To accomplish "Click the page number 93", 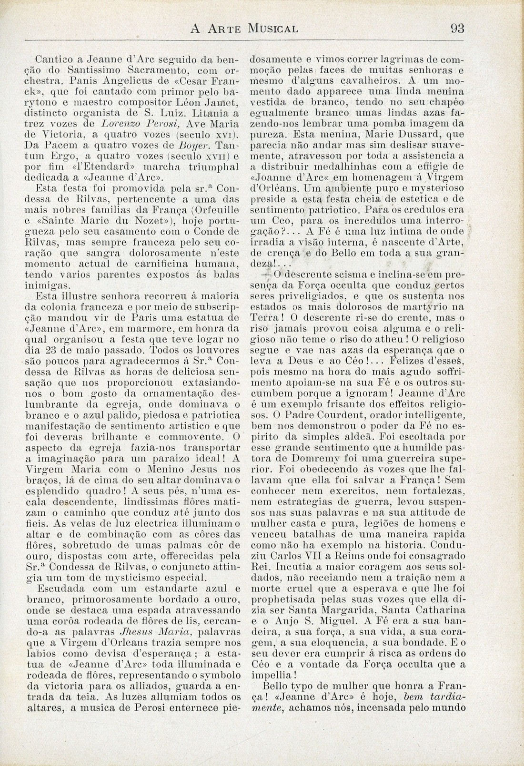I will point(457,29).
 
